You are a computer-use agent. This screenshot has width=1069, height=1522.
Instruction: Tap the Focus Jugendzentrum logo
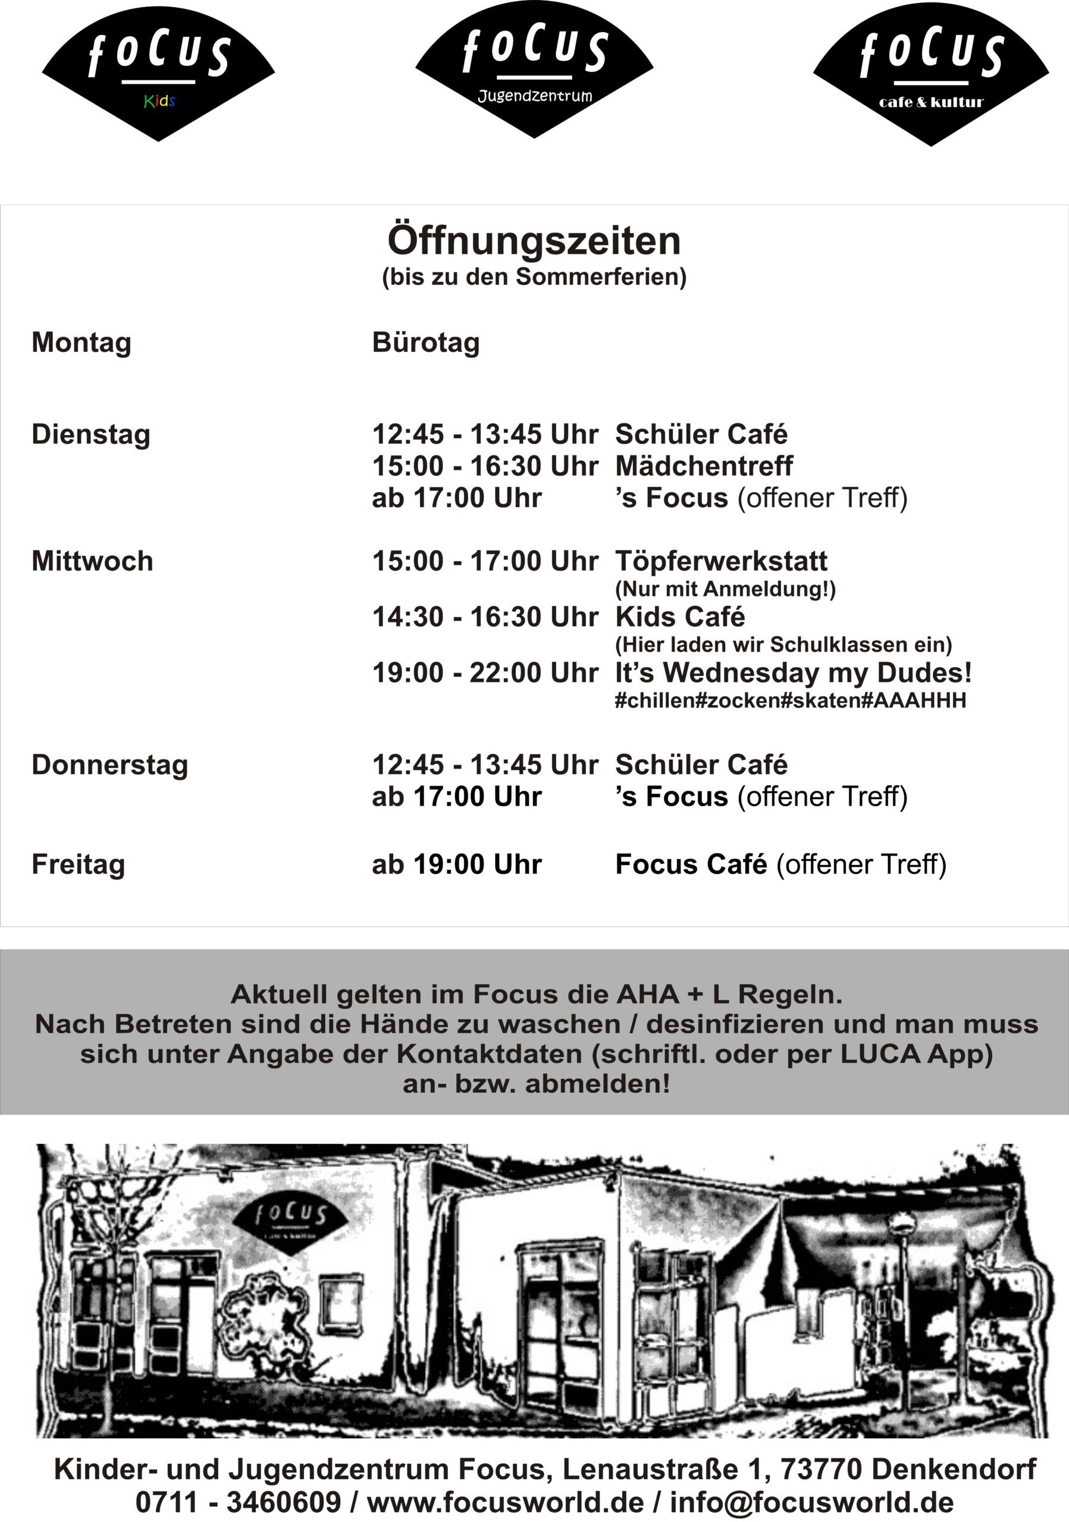point(534,69)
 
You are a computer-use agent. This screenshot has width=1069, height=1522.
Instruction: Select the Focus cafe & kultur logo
point(931,74)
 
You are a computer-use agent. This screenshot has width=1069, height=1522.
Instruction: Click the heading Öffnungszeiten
point(534,241)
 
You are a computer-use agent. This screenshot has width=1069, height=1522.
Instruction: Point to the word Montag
point(81,342)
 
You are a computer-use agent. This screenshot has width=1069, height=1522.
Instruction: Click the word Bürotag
point(426,342)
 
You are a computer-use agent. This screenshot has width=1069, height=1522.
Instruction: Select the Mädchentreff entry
point(704,466)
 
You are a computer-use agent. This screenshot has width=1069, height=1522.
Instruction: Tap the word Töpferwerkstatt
point(721,561)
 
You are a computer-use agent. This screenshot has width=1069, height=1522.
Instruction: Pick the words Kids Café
point(680,617)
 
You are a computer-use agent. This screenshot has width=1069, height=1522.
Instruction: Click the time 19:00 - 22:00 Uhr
point(485,673)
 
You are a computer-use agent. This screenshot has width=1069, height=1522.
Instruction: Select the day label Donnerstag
point(110,765)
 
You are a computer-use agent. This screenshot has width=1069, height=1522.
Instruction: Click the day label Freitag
point(79,864)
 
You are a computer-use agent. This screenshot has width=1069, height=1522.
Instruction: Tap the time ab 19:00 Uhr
point(457,864)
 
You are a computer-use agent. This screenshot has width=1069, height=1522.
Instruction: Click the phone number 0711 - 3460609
point(238,1502)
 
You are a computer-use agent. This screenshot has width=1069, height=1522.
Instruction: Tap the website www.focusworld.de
point(505,1502)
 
